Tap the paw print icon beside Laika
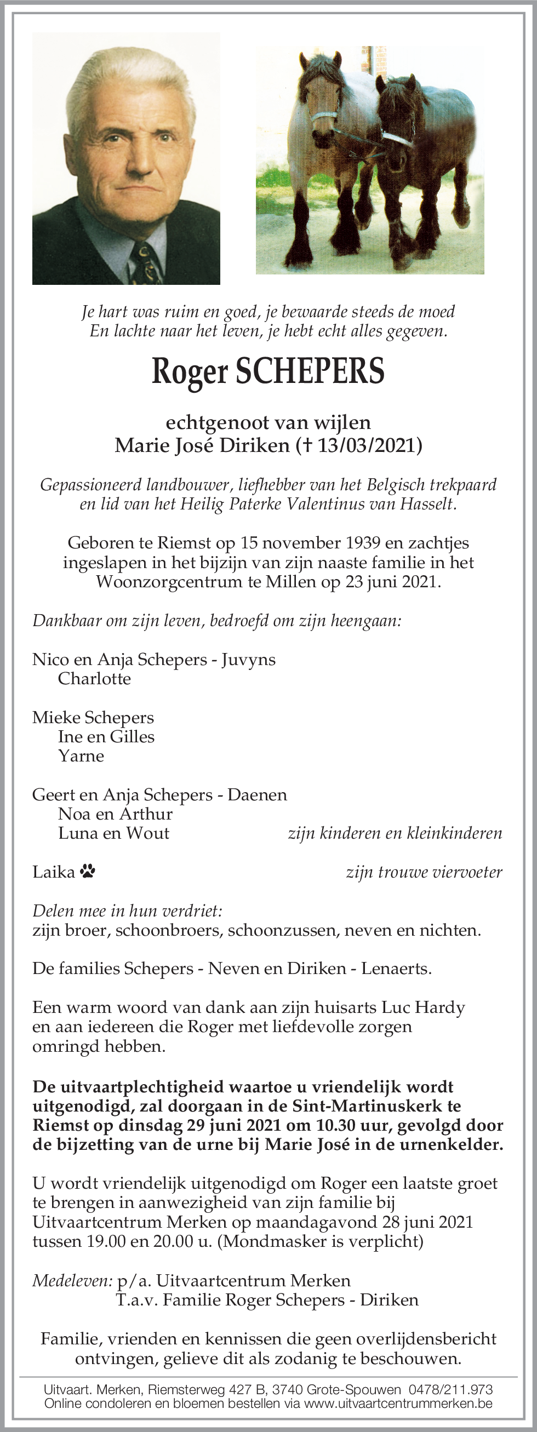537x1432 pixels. [x=88, y=870]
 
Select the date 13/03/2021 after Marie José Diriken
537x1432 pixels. [x=367, y=445]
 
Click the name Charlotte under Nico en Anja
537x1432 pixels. [x=94, y=679]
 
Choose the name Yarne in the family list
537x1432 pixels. [x=81, y=756]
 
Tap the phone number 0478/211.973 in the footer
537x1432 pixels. [x=451, y=1390]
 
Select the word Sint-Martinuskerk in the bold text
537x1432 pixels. [x=380, y=1106]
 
